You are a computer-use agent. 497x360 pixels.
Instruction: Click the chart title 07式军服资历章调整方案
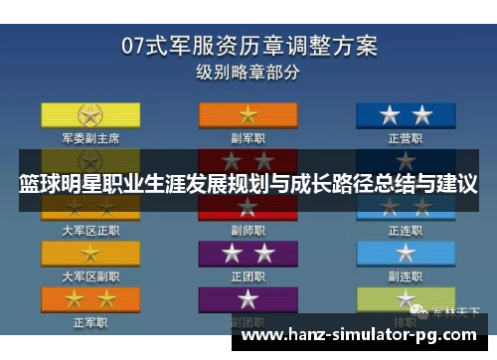(x=248, y=46)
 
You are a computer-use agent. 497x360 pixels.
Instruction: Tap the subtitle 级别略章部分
(x=248, y=72)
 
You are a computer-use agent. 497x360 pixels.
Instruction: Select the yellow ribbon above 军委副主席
(x=90, y=114)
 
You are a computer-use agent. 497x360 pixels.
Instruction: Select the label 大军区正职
(x=90, y=230)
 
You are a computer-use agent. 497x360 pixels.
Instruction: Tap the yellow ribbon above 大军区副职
(x=90, y=253)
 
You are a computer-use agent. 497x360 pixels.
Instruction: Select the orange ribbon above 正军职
(x=90, y=298)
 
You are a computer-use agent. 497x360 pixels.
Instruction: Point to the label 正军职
(x=90, y=321)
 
